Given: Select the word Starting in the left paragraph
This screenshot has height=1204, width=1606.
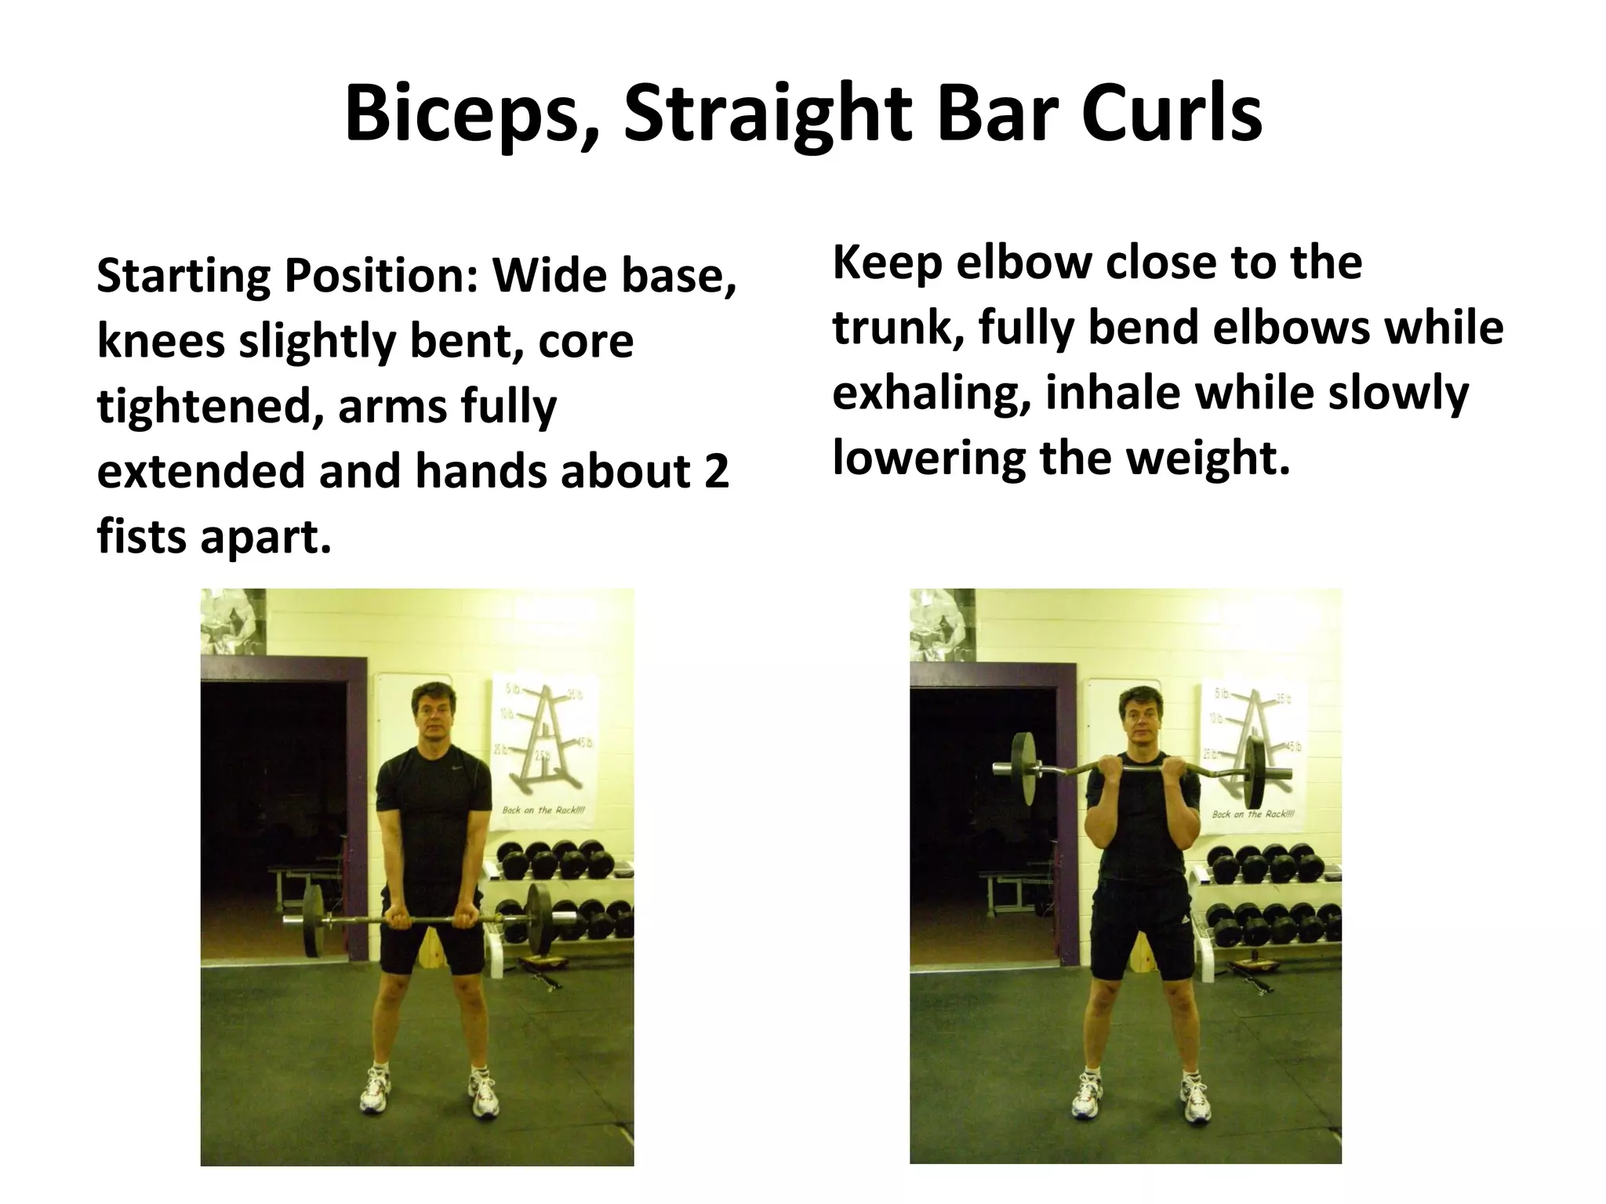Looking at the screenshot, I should [182, 277].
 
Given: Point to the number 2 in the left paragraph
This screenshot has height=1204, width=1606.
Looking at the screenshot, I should [716, 472].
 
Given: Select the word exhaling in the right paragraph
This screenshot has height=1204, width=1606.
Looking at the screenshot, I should [932, 393].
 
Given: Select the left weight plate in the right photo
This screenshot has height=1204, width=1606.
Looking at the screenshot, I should [1023, 767].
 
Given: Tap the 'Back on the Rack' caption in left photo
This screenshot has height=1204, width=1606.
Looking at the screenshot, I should [543, 810].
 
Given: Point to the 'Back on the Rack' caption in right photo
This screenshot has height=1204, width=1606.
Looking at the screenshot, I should [1253, 814].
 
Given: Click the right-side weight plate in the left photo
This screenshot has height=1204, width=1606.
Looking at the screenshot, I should [539, 918].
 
